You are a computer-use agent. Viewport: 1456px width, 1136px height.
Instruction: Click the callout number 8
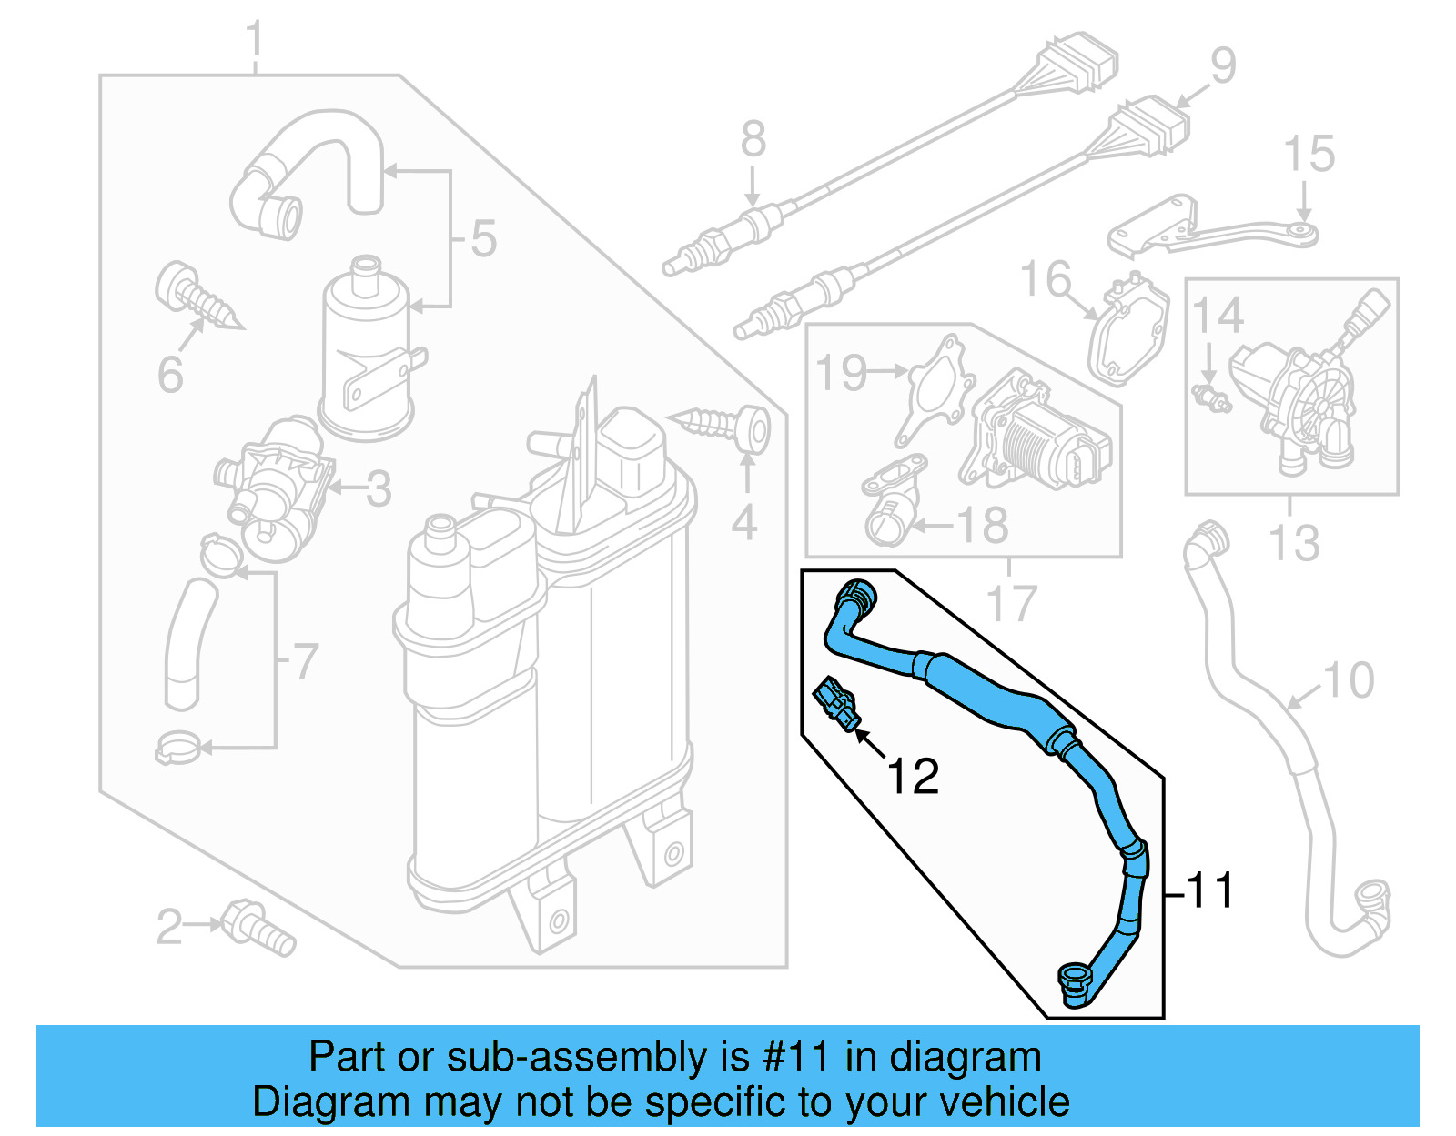point(753,139)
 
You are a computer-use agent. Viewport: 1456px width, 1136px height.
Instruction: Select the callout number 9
point(1223,65)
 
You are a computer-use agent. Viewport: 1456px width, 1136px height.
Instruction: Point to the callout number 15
point(1309,154)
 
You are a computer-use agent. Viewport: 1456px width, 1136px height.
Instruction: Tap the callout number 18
point(983,525)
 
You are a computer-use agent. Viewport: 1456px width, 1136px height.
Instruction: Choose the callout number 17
point(1011,603)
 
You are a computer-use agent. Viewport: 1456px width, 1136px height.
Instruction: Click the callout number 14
point(1218,315)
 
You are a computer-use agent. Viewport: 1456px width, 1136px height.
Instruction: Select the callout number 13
point(1293,543)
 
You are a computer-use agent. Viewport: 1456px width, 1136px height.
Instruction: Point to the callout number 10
point(1348,680)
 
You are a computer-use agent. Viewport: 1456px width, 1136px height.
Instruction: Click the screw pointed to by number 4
point(727,427)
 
